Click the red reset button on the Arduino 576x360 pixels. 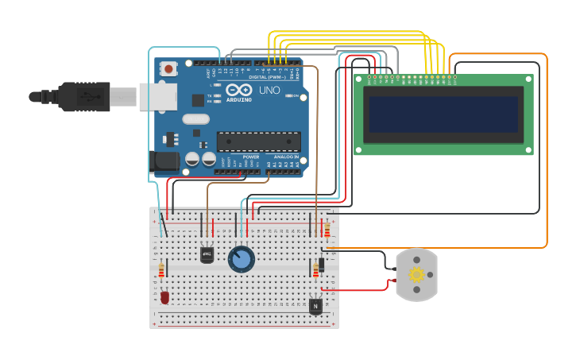[x=168, y=69]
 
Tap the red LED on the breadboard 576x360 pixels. [x=164, y=297]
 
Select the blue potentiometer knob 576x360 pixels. [x=241, y=259]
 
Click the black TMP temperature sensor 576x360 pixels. [x=207, y=254]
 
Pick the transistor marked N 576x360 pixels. [x=315, y=305]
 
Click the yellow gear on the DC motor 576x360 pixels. [x=416, y=275]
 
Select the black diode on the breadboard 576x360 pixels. [x=322, y=264]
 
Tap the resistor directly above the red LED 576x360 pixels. [x=160, y=271]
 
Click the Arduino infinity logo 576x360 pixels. [x=238, y=90]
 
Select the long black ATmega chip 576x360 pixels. [x=258, y=141]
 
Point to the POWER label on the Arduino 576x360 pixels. [x=250, y=157]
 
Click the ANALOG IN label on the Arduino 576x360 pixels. [x=286, y=157]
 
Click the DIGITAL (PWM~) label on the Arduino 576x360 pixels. [x=269, y=78]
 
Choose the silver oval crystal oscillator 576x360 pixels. [x=195, y=119]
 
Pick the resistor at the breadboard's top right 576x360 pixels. [x=327, y=229]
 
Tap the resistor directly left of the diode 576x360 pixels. [x=315, y=270]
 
